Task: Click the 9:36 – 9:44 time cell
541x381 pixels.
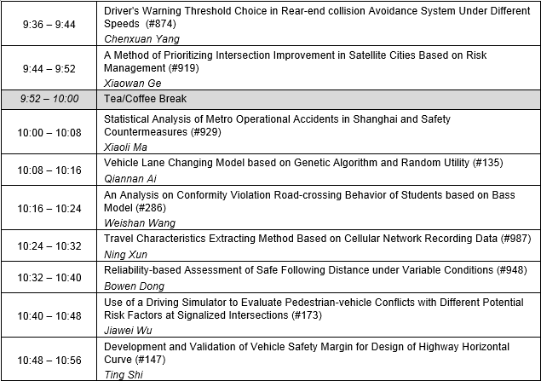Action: click(50, 23)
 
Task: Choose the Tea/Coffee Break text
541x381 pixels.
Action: click(140, 99)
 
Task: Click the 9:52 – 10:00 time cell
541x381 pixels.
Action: click(50, 99)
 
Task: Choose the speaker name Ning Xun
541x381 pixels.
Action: click(126, 253)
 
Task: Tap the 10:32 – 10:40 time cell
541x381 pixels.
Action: click(50, 277)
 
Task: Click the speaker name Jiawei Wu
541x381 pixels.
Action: click(129, 328)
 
